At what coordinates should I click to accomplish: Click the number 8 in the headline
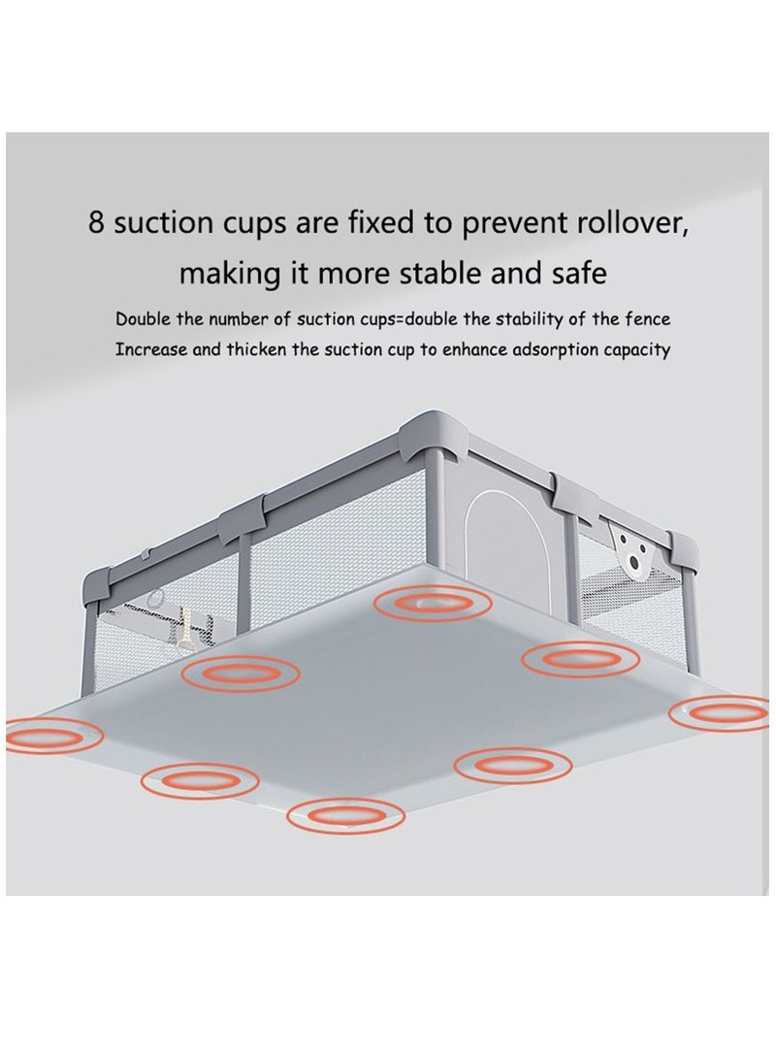point(96,224)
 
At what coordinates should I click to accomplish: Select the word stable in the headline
point(441,274)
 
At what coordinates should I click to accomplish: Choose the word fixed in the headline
point(374,223)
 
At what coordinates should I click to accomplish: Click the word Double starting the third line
point(143,318)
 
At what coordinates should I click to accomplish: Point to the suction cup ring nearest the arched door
point(434,601)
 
